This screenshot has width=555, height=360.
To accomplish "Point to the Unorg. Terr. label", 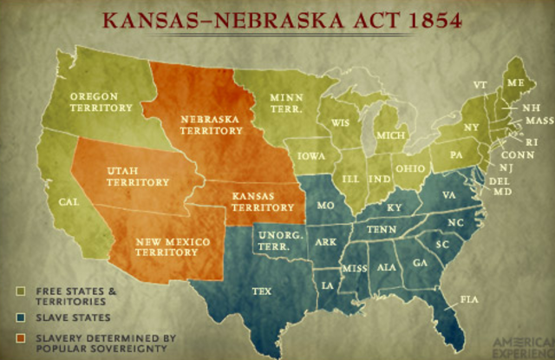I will pos(274,239).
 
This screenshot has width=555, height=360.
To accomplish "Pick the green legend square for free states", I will pos(19,289).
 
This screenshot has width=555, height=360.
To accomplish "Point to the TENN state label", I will pos(381,228).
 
